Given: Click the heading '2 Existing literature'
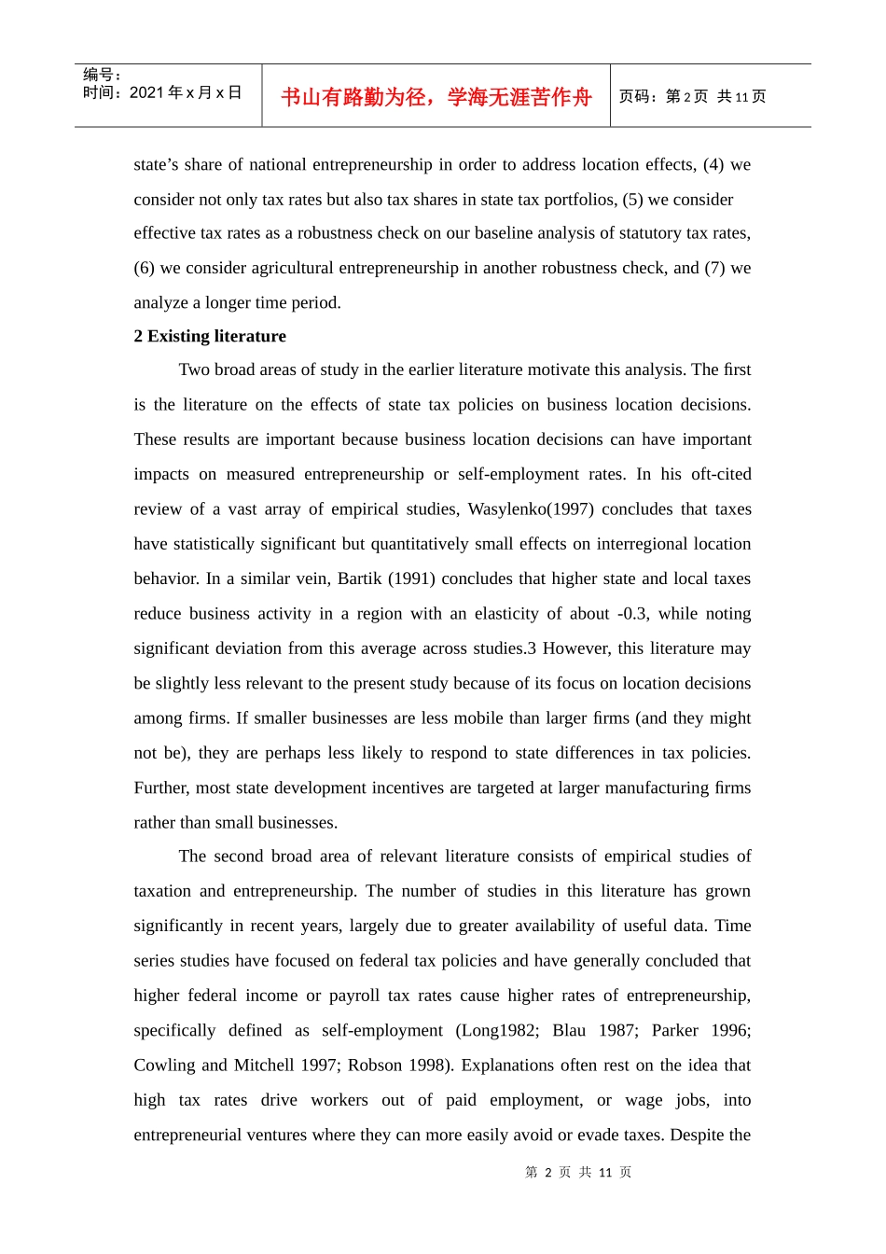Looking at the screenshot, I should tap(210, 336).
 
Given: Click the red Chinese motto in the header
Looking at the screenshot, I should tap(436, 97).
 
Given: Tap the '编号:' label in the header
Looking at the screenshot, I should tap(102, 75).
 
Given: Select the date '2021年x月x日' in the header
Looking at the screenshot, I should tap(186, 92).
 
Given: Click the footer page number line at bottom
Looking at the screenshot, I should tap(578, 1172).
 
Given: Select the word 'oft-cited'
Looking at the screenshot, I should tap(721, 474).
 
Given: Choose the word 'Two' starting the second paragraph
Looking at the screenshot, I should tap(194, 369).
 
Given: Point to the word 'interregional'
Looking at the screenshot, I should tap(620, 544).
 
